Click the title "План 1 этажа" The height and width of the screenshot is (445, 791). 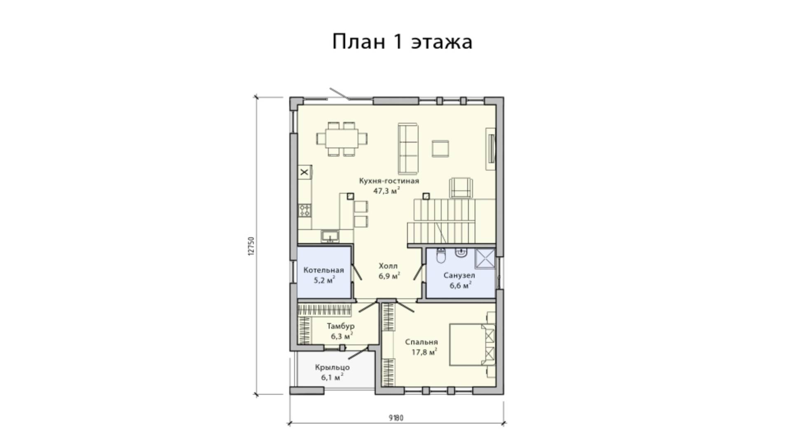tap(402, 42)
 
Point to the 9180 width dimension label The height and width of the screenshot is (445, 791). tap(396, 418)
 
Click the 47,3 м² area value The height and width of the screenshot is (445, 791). tap(386, 191)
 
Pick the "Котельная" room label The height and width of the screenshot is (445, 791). tap(323, 270)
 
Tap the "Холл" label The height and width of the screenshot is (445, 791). tap(388, 266)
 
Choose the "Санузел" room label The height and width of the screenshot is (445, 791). tap(459, 275)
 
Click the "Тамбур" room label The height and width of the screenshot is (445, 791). tap(341, 326)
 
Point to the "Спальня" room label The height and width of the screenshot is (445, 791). tap(421, 342)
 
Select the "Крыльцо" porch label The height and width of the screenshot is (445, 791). tap(332, 367)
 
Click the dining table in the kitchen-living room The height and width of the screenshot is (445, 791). tap(342, 139)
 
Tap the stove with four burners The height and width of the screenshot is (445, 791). tap(305, 211)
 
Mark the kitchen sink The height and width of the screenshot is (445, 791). tap(330, 236)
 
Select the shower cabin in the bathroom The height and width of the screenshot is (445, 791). tap(485, 259)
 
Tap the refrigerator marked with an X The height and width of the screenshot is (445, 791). tap(305, 173)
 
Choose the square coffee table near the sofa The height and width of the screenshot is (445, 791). tap(440, 148)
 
